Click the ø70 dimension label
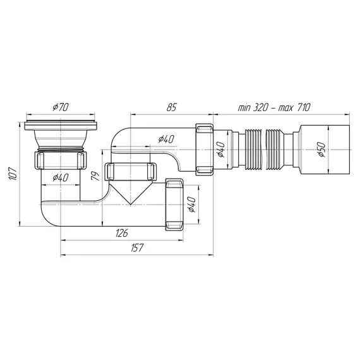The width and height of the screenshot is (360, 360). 61,107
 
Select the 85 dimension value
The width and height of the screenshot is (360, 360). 172,107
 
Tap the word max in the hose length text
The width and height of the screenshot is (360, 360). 285,107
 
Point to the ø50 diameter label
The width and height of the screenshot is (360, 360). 321,150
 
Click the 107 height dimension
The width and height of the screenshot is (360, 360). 13,174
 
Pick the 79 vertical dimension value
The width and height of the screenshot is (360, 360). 95,176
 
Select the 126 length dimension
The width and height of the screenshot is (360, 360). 122,233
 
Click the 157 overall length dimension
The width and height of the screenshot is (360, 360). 137,248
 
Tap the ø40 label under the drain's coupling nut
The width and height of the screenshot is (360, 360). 61,177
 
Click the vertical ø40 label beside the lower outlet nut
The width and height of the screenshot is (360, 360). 191,205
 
